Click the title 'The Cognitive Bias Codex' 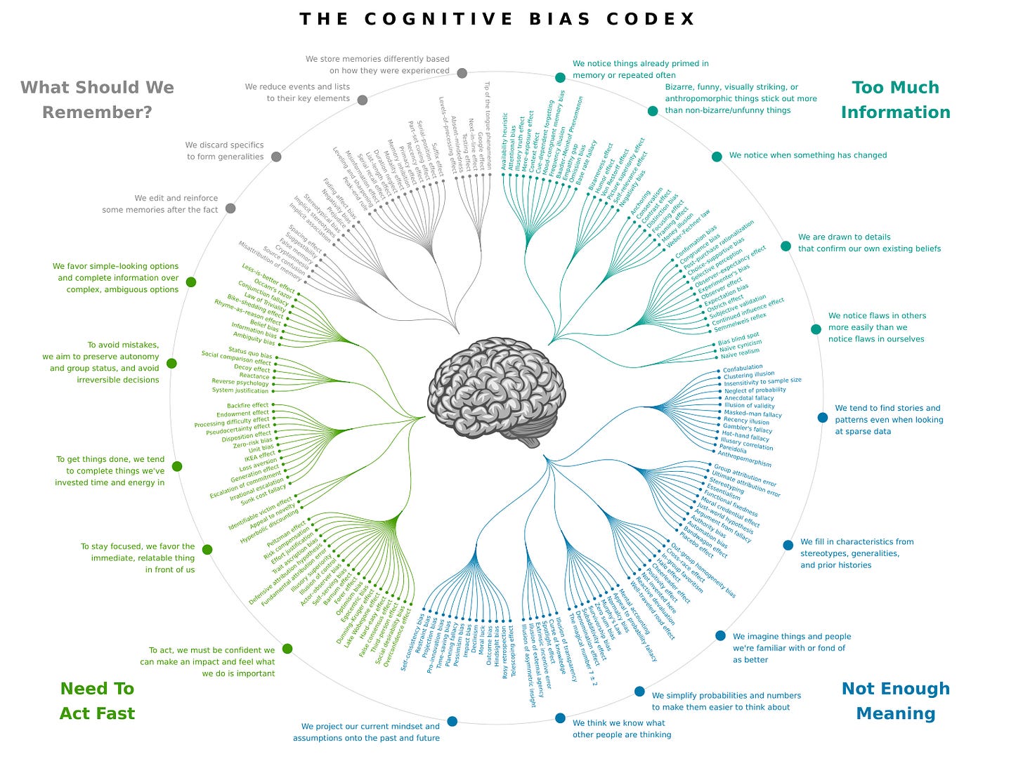pyautogui.click(x=497, y=19)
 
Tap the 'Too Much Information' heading pyautogui.click(x=895, y=100)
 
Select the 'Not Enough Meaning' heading pyautogui.click(x=895, y=701)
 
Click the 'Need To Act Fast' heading pyautogui.click(x=97, y=701)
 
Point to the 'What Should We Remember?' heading pyautogui.click(x=97, y=100)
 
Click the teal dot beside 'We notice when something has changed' pyautogui.click(x=717, y=157)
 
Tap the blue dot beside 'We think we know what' pyautogui.click(x=560, y=718)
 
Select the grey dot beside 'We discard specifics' pyautogui.click(x=276, y=157)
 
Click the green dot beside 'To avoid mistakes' pyautogui.click(x=171, y=364)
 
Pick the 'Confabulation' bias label pyautogui.click(x=743, y=368)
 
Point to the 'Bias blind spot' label pyautogui.click(x=738, y=339)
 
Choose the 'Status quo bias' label pyautogui.click(x=249, y=353)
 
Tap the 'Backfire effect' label pyautogui.click(x=247, y=406)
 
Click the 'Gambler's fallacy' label pyautogui.click(x=747, y=428)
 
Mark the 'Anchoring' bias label pyautogui.click(x=640, y=204)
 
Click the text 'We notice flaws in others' pyautogui.click(x=877, y=316)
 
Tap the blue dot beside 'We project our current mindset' pyautogui.click(x=452, y=721)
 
